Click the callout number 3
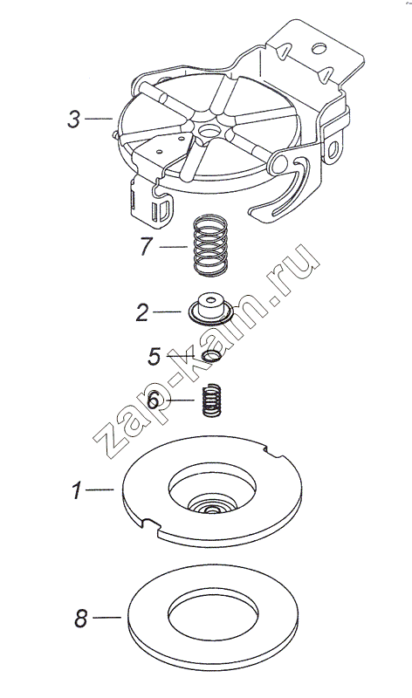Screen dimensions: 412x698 pyautogui.click(x=74, y=120)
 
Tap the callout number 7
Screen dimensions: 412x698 pyautogui.click(x=147, y=246)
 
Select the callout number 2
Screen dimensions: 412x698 pyautogui.click(x=142, y=312)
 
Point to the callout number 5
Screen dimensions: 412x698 pyautogui.click(x=154, y=356)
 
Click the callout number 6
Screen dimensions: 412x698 pyautogui.click(x=153, y=400)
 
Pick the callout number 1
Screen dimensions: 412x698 pyautogui.click(x=78, y=490)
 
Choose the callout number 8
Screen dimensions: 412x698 pyautogui.click(x=80, y=619)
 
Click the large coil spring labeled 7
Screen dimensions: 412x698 pyautogui.click(x=210, y=245)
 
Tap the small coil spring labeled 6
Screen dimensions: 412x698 pyautogui.click(x=211, y=400)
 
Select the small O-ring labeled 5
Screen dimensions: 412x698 pyautogui.click(x=211, y=356)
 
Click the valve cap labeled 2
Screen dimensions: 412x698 pyautogui.click(x=210, y=308)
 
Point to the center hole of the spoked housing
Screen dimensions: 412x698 pyautogui.click(x=209, y=131)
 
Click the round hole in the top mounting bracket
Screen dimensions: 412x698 pyautogui.click(x=319, y=48)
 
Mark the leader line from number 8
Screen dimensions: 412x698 pyautogui.click(x=106, y=618)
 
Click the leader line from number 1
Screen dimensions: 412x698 pyautogui.click(x=100, y=489)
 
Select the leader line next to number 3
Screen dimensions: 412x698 pyautogui.click(x=98, y=119)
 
